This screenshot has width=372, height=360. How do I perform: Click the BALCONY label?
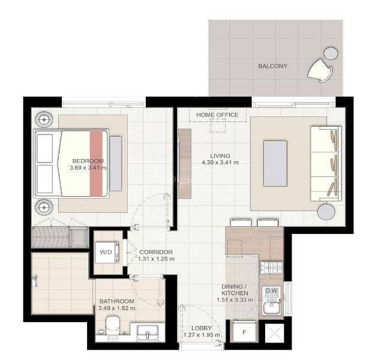click(272, 66)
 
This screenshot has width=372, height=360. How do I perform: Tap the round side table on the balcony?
click(331, 53)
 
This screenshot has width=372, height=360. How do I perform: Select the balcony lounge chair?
click(320, 70)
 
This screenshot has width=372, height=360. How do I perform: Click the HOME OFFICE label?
click(217, 115)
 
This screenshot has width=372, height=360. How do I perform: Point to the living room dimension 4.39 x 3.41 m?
click(220, 163)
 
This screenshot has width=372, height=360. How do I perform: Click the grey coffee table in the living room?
click(275, 163)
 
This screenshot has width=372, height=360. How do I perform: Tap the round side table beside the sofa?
click(326, 211)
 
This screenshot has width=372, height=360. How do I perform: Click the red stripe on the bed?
click(96, 164)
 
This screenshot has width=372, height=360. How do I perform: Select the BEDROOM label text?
click(88, 161)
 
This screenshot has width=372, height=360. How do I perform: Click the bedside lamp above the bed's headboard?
click(44, 119)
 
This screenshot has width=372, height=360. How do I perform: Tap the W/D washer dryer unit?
click(107, 252)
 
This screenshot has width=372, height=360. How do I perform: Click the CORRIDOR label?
click(156, 252)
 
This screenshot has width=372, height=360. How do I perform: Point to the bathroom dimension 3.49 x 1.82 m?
click(117, 308)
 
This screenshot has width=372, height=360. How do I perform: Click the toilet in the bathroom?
click(113, 325)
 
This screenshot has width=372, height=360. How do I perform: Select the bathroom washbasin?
click(148, 332)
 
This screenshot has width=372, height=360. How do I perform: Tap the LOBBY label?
click(202, 328)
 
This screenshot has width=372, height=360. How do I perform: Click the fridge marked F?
click(244, 331)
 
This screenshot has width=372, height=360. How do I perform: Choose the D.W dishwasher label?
click(271, 290)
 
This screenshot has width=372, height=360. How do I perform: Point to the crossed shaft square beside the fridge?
click(274, 333)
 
